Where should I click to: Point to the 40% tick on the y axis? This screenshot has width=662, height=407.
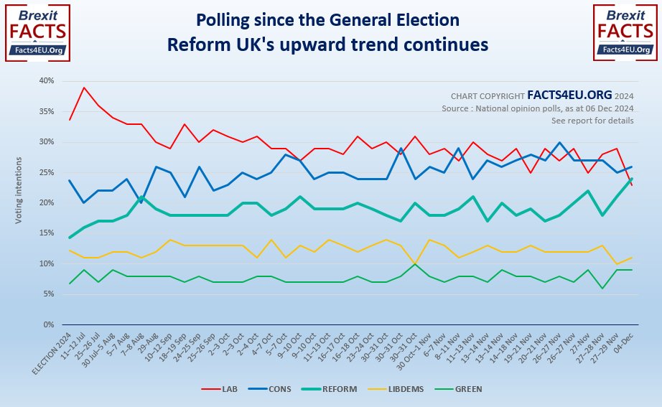pos(46,81)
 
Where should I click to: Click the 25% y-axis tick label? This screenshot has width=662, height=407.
pos(46,172)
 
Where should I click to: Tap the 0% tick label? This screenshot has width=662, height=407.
pos(48,324)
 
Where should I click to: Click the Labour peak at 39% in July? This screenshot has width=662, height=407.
pos(85,88)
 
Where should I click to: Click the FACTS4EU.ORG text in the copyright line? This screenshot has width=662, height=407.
pos(569,94)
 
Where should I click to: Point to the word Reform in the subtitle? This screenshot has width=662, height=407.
pos(195,44)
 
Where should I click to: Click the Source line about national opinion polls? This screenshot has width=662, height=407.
pos(537,108)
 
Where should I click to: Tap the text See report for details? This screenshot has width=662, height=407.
pos(592,120)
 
